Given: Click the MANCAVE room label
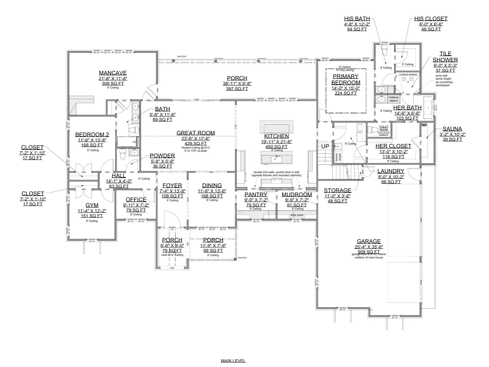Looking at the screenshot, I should tap(113, 73).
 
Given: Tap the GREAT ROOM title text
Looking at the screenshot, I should tap(195, 133).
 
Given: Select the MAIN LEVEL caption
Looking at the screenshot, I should tap(233, 361).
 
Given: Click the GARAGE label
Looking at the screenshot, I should tap(369, 241).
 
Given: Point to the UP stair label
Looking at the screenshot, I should tap(325, 146).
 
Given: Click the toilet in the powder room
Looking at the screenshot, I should tap(122, 154).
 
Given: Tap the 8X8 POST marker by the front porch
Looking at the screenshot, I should tap(235, 259).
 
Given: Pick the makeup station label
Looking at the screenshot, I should tap(394, 99).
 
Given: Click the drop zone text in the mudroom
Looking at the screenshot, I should tap(297, 215).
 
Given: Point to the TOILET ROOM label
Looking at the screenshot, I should tap(383, 128).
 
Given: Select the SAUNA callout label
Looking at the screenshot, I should tap(452, 129).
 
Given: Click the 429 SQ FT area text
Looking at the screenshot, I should tap(195, 144).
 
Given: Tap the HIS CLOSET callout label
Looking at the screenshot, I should tap(431, 19).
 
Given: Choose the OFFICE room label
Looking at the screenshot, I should tap(136, 200).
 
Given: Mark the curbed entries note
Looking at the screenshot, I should tap(408, 74).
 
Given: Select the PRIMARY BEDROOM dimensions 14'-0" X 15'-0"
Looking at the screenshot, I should tap(346, 88).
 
